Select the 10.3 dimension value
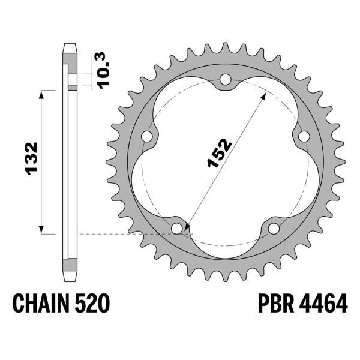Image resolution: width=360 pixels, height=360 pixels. tap(104, 71)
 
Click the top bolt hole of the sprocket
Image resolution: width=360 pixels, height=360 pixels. tap(226, 79)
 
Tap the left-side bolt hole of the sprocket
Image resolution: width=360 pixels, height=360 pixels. tap(146, 137)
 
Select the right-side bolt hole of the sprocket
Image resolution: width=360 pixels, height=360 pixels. tap(304, 136)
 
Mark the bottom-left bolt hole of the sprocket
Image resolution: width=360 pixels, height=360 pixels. tap(176, 229)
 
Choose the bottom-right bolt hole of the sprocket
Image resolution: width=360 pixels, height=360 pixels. tap(274, 229)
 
